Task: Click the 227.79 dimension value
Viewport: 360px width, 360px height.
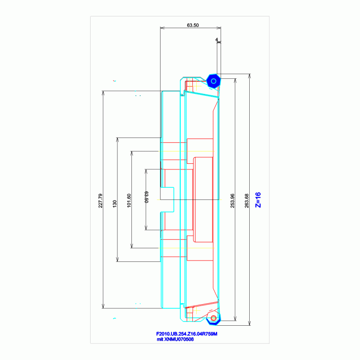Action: [100, 201]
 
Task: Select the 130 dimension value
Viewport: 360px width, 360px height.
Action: [115, 204]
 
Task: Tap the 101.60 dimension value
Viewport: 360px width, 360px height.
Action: [129, 201]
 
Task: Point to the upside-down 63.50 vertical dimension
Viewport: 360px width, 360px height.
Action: [146, 197]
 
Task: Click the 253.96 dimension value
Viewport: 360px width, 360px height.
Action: [232, 201]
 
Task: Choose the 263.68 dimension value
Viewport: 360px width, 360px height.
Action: [246, 201]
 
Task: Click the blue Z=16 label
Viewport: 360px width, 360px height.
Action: [258, 200]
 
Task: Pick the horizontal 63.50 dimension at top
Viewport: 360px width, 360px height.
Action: [193, 25]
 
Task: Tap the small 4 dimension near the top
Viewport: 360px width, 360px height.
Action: [216, 40]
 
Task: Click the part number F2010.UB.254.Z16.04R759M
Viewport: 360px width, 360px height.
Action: [187, 334]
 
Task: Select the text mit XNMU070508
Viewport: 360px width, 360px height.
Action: [175, 339]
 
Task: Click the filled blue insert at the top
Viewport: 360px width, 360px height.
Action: [213, 81]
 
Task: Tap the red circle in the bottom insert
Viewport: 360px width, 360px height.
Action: [214, 318]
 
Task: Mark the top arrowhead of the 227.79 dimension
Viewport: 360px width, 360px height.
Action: [103, 93]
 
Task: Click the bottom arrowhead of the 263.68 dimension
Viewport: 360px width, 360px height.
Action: [250, 323]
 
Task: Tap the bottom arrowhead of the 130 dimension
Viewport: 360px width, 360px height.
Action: [117, 260]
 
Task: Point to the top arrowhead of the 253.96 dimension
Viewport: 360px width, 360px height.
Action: [235, 81]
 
